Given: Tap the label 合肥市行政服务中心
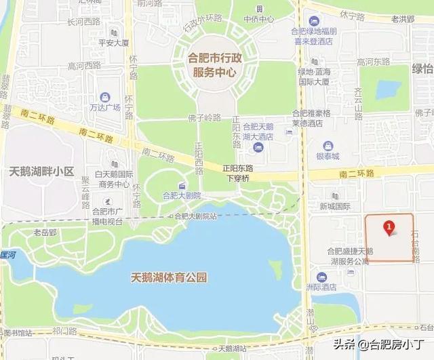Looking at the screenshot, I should [213, 64].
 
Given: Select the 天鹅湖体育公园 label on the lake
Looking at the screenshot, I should [168, 277].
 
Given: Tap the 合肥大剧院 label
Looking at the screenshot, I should [182, 195].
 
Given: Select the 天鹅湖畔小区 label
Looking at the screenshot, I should [41, 172].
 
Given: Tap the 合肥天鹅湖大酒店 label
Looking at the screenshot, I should [262, 132].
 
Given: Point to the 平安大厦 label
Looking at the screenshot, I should [113, 43].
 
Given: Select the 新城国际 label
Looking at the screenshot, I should [335, 205].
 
